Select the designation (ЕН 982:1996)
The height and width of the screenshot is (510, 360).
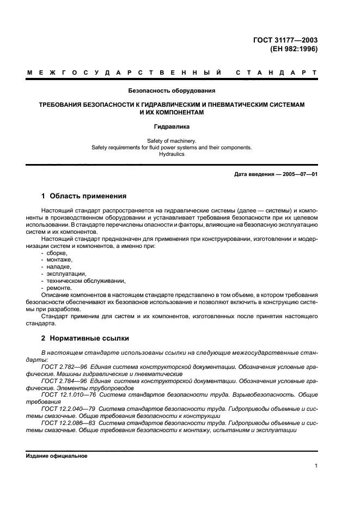click(294, 48)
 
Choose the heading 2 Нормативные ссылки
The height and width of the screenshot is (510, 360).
click(87, 337)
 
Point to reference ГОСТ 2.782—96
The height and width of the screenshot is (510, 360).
click(64, 367)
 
